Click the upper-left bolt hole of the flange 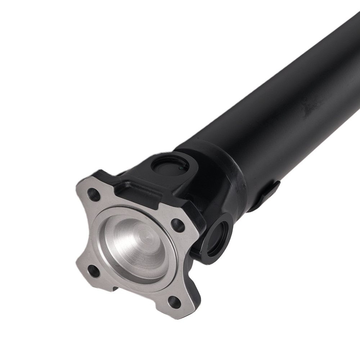tap(95, 194)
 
